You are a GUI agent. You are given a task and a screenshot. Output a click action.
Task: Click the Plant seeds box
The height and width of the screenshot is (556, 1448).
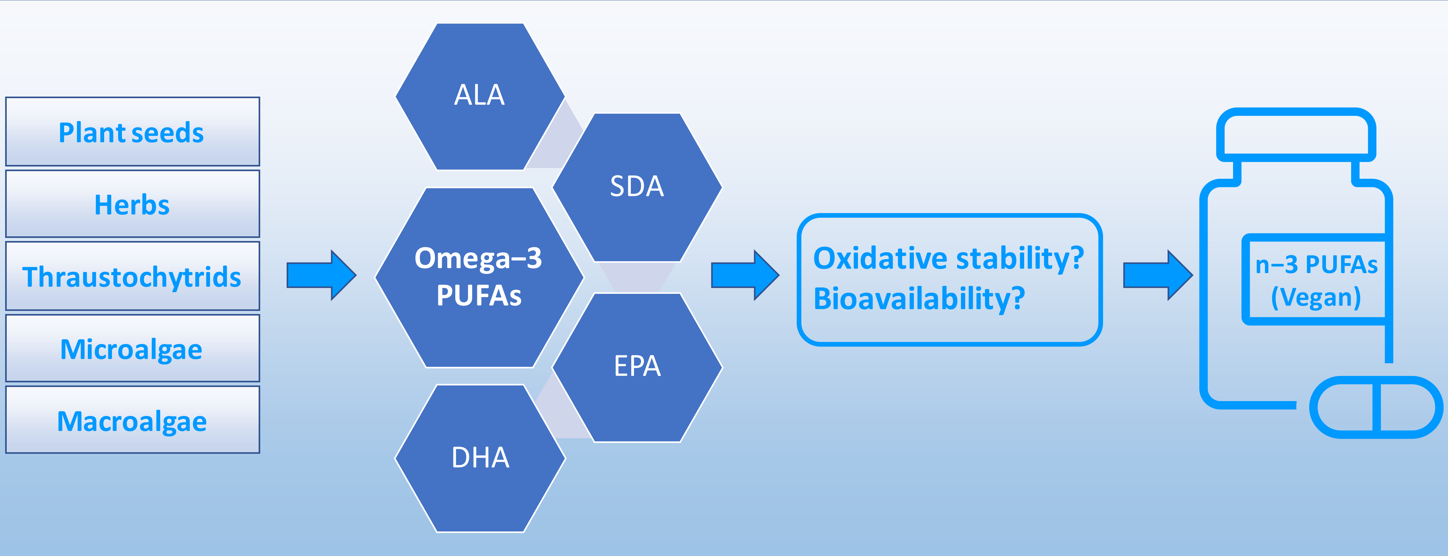(133, 131)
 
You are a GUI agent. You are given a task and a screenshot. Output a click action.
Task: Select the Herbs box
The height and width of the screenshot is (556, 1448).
(133, 204)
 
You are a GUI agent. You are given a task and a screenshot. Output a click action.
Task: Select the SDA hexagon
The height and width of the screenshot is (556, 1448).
(637, 187)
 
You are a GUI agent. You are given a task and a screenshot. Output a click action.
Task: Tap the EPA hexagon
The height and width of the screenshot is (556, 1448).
(637, 367)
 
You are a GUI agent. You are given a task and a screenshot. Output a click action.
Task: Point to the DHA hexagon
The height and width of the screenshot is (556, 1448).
(480, 458)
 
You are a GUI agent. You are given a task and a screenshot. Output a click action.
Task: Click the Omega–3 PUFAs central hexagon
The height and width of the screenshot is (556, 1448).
(479, 277)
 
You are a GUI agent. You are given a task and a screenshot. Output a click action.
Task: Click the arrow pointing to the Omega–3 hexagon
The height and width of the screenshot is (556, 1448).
(322, 275)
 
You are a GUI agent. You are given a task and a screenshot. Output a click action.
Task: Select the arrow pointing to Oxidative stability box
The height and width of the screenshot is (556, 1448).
(745, 275)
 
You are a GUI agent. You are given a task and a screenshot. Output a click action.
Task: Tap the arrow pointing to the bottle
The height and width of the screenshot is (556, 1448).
(1158, 275)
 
